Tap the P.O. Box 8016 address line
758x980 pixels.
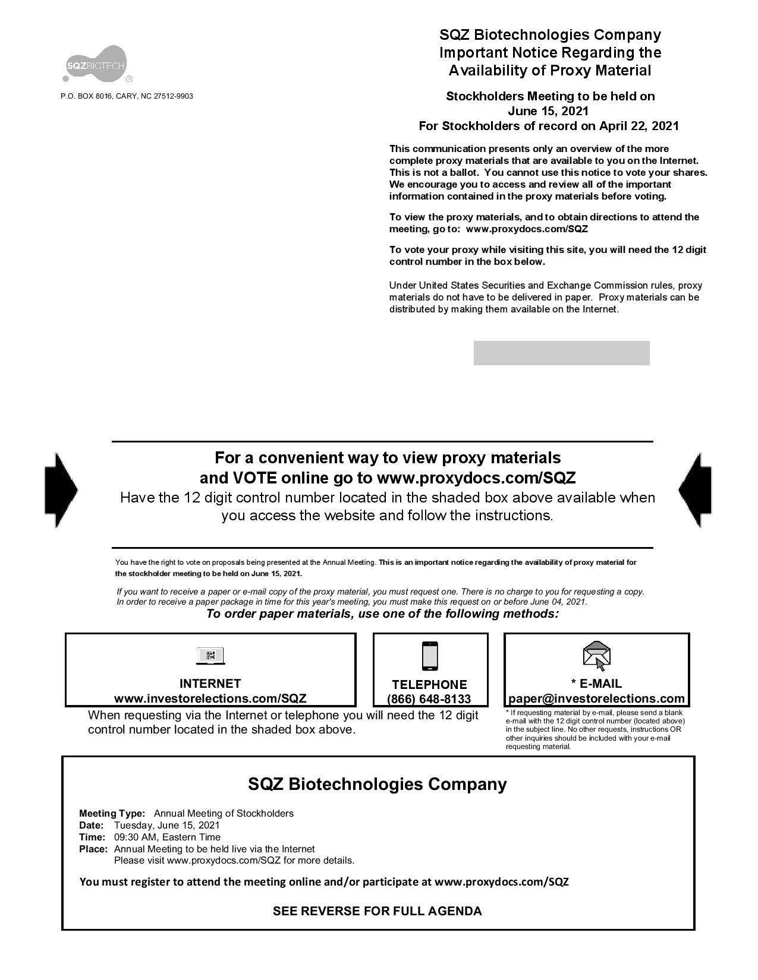(127, 96)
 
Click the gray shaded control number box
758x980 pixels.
(561, 353)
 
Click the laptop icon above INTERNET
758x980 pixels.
(210, 656)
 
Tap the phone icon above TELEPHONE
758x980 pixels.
(429, 656)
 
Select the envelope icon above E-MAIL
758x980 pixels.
(596, 655)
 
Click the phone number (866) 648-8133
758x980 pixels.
(429, 699)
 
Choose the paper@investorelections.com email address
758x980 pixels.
(596, 698)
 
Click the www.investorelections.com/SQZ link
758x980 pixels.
(210, 698)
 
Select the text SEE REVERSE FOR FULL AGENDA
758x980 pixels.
(377, 911)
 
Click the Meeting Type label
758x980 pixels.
(112, 813)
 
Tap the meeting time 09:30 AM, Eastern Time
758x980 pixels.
(167, 837)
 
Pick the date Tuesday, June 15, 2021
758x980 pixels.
(166, 825)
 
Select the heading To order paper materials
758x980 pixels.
(382, 614)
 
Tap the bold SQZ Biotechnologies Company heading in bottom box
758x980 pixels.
(377, 784)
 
